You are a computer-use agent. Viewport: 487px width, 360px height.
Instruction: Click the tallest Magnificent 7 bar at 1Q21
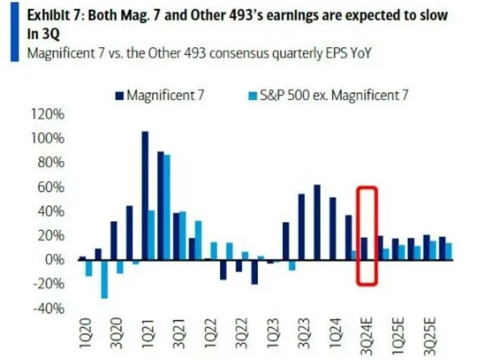pos(145,195)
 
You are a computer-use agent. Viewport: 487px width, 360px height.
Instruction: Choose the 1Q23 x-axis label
pos(272,336)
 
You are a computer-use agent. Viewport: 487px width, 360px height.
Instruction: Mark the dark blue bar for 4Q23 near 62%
pos(317,222)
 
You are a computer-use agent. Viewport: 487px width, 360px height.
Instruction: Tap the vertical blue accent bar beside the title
pos(14,30)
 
